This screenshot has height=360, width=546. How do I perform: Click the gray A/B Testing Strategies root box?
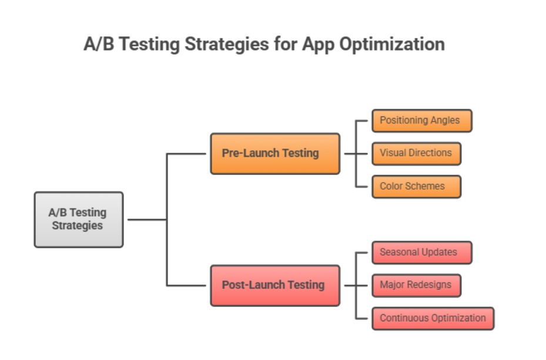[x=79, y=219]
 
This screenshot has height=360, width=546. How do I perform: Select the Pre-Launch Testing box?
[x=275, y=153]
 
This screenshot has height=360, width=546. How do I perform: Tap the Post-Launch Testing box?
[x=275, y=285]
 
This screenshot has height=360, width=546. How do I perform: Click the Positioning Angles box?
[x=421, y=120]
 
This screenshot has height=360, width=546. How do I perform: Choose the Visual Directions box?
[x=416, y=153]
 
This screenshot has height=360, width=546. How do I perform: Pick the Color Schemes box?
[x=416, y=186]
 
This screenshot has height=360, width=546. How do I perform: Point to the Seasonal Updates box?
[x=421, y=253]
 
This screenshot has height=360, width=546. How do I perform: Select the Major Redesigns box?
[x=416, y=285]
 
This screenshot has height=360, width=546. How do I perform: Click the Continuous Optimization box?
[x=433, y=318]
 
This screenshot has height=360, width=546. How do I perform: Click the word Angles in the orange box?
[x=445, y=120]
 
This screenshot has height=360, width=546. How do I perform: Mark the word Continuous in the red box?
[x=404, y=318]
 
